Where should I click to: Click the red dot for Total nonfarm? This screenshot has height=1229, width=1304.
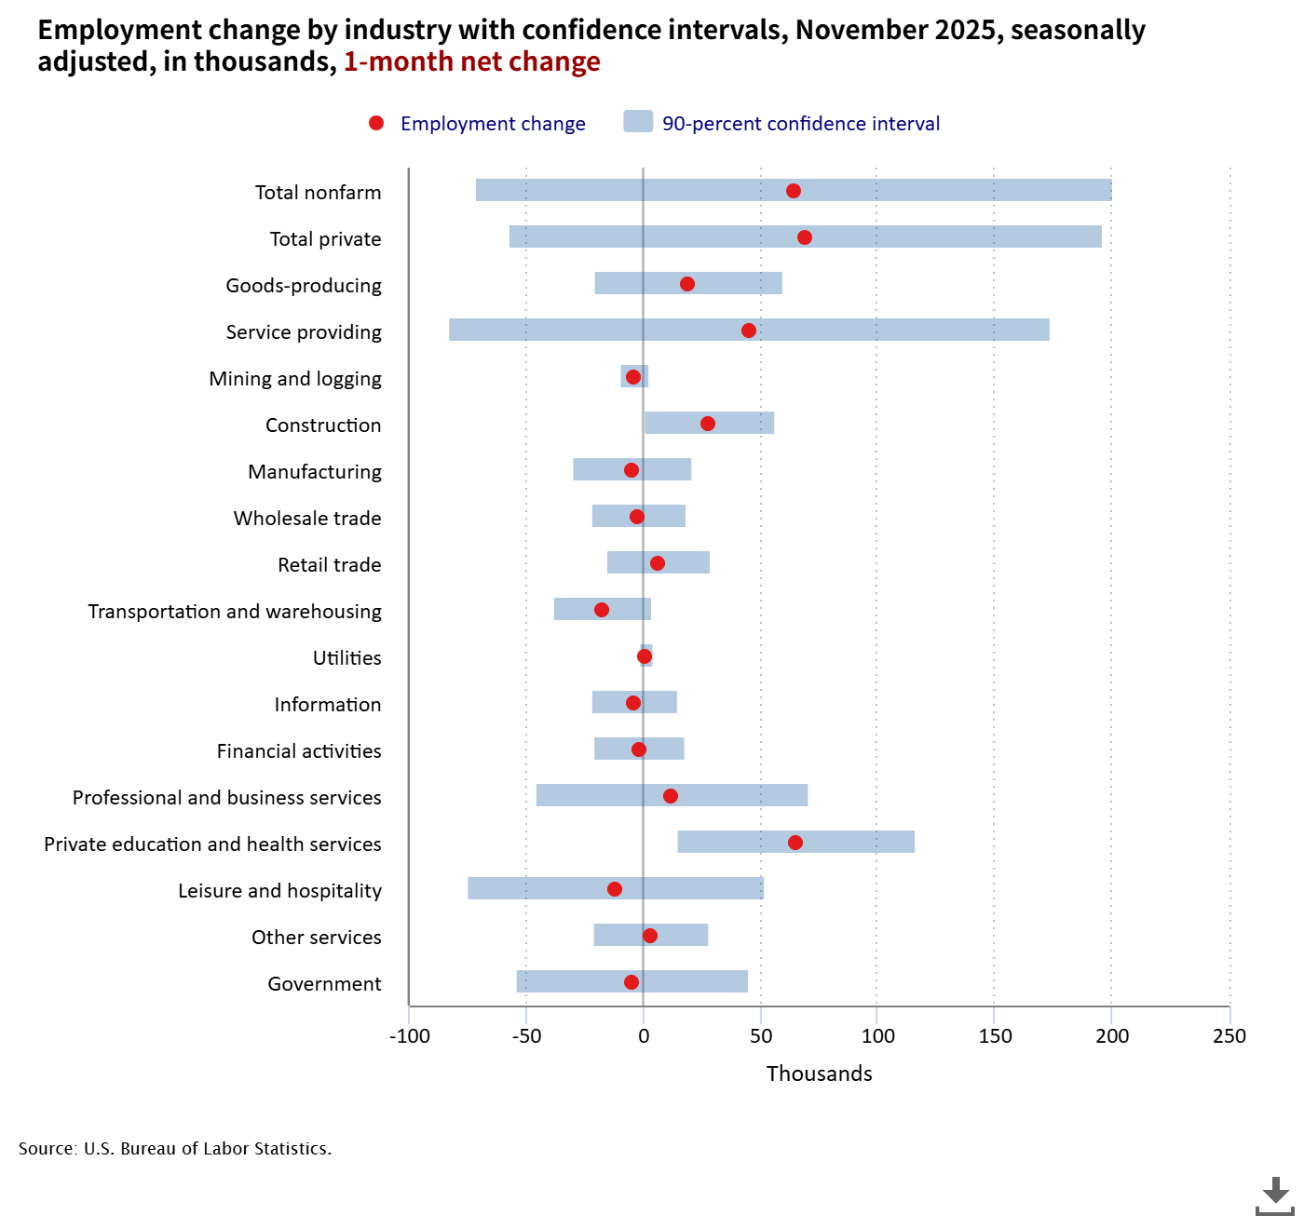794,191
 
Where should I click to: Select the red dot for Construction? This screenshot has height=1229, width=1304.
708,424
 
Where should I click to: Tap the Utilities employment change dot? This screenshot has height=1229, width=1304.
645,656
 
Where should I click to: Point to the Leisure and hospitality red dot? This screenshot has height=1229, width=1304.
615,889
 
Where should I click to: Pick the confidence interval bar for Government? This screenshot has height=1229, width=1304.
699,981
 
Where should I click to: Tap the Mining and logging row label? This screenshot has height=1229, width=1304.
295,379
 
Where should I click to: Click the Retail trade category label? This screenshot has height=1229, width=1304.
330,565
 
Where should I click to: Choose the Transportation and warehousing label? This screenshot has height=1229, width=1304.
235,612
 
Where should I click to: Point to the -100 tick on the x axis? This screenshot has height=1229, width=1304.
410,1036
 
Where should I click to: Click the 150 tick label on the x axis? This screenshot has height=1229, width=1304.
995,1036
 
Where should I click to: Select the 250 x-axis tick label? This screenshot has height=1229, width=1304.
1229,1036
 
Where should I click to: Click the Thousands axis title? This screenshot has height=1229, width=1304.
820,1074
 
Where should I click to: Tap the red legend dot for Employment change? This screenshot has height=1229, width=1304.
376,123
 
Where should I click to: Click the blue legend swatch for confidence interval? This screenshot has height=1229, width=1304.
638,121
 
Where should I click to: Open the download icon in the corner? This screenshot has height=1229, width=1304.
1274,1195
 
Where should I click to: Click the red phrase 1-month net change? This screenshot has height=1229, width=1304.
472,61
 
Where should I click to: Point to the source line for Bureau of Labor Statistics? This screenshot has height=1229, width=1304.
175,1149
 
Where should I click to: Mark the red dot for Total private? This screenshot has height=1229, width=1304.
805,237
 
